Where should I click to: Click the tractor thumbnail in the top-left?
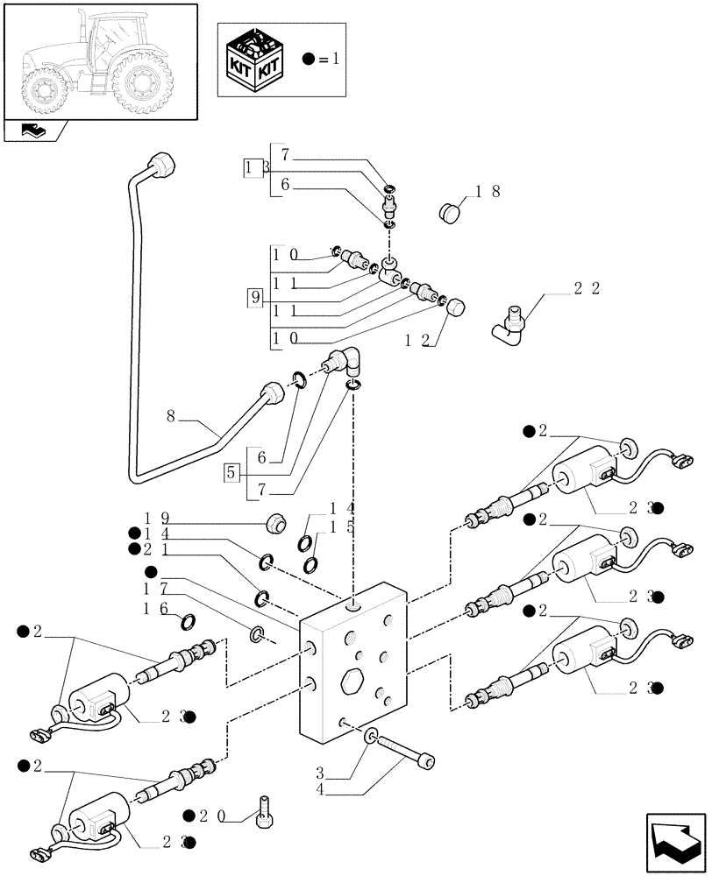pos(99,60)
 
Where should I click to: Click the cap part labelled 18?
pos(451,211)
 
